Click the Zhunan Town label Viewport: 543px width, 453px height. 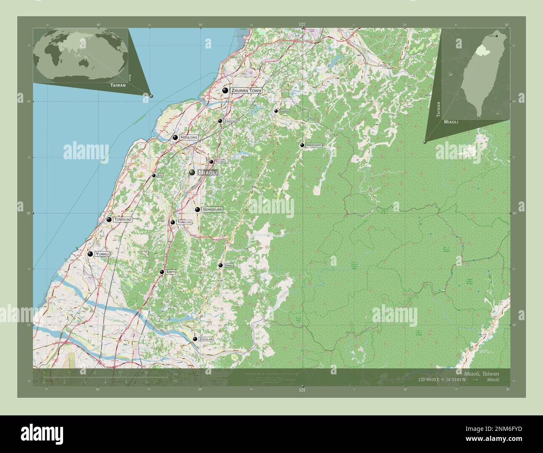tap(246, 90)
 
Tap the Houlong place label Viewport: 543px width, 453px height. tap(189, 137)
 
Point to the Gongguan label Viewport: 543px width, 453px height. tap(212, 209)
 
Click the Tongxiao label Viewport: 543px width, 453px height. tap(123, 219)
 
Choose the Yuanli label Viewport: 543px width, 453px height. tap(101, 254)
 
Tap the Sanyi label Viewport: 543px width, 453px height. tap(170, 272)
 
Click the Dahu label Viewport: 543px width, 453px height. tap(228, 265)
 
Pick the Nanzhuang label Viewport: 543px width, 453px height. tap(314, 145)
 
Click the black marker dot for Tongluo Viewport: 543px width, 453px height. tap(173, 222)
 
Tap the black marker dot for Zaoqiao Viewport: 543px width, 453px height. tap(220, 121)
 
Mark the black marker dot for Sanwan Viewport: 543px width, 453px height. tap(276, 111)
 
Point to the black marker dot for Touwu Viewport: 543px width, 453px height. tap(211, 162)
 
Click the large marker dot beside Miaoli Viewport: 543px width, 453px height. tap(192, 173)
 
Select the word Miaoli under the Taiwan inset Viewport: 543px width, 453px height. tap(451, 122)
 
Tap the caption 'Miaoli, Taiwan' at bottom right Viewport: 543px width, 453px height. tap(481, 373)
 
